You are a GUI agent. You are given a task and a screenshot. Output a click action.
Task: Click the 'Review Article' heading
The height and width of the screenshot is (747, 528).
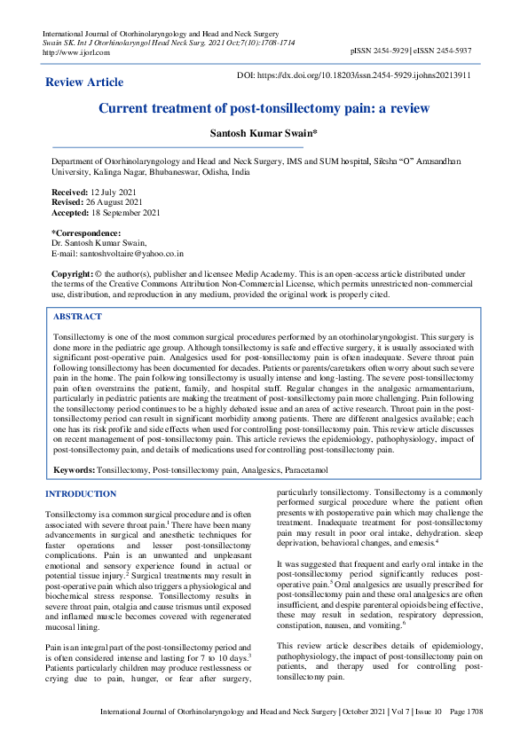[x=84, y=83]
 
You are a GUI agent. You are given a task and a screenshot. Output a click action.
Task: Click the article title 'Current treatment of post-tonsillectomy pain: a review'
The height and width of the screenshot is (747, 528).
[x=264, y=108]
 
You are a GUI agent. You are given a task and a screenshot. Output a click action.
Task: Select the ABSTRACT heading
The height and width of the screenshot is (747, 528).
[x=77, y=317]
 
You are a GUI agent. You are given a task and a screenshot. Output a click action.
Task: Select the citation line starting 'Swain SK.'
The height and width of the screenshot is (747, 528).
[x=169, y=43]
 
